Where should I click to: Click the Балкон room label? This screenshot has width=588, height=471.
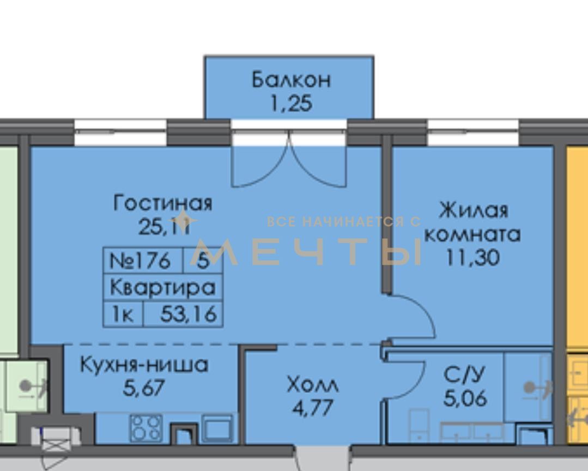click(x=291, y=80)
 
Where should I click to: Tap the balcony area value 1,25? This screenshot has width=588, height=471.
click(x=291, y=103)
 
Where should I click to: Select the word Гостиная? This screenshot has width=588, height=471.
click(x=163, y=203)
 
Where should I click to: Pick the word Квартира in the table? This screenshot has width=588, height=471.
click(x=163, y=288)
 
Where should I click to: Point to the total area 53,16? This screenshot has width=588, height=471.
click(x=188, y=314)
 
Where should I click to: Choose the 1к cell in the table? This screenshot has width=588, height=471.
click(x=123, y=314)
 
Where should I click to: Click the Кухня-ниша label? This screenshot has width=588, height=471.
click(x=144, y=365)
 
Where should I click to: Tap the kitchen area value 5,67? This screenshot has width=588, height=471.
click(x=144, y=388)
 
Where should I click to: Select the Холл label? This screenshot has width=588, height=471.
click(x=312, y=384)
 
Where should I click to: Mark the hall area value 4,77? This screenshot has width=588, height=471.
click(x=312, y=408)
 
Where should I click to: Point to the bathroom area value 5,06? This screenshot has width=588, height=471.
click(x=465, y=398)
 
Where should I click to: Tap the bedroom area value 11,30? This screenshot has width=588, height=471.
click(x=473, y=257)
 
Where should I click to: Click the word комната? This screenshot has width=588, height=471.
click(x=473, y=234)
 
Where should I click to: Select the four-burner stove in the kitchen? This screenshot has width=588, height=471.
click(x=146, y=428)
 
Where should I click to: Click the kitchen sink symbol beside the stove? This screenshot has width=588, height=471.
click(x=217, y=428)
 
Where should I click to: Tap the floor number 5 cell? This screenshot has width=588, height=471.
click(x=203, y=260)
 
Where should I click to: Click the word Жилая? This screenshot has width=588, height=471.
click(x=473, y=210)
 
